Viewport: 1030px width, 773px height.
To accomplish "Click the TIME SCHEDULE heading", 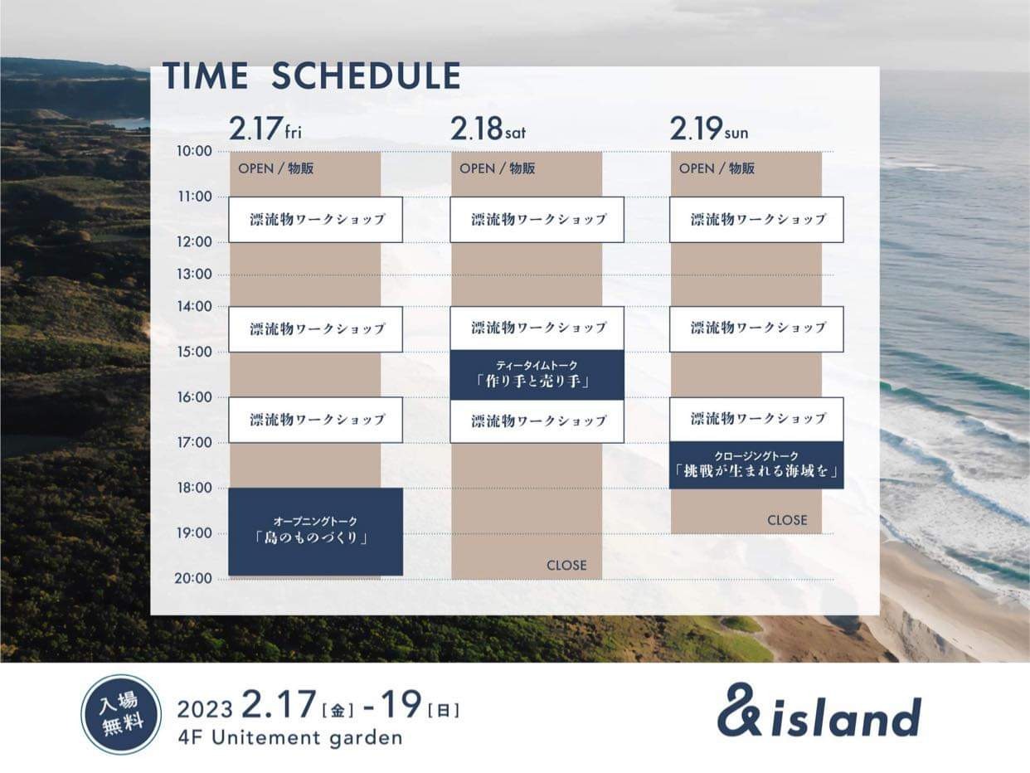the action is pos(312,75).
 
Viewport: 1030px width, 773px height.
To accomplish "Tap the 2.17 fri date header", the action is pos(265,129).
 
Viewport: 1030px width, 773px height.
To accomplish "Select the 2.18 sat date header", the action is pos(488,129).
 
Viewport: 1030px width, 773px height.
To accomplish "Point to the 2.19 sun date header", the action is pos(709,129).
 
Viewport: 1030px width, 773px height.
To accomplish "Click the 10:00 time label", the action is pos(194,151).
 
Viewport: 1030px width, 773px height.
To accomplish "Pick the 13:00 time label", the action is pos(194,274).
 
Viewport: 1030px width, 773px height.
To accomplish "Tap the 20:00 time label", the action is pos(193,578).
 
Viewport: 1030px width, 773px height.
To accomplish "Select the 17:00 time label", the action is pos(194,442).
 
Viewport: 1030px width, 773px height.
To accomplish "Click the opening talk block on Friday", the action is pos(315,532).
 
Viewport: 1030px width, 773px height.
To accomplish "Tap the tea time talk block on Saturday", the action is pos(537,375).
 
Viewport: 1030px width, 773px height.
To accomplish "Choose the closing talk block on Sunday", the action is pos(756,465).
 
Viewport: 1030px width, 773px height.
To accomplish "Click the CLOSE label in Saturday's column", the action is pos(566,565).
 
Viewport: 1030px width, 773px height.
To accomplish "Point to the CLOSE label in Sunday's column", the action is pos(787,520).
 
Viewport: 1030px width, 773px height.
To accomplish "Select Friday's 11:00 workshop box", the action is pos(315,220).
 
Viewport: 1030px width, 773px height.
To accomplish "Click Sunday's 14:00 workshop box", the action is pos(756,329).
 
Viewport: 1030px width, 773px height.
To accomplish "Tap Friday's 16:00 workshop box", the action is pos(315,420).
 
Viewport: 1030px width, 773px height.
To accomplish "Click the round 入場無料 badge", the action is pos(121,714).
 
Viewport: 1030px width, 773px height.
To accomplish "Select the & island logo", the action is pos(819,711).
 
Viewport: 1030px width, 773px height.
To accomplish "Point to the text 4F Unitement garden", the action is pos(290,738).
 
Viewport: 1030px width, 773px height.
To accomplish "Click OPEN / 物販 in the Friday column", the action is pos(276,168).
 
